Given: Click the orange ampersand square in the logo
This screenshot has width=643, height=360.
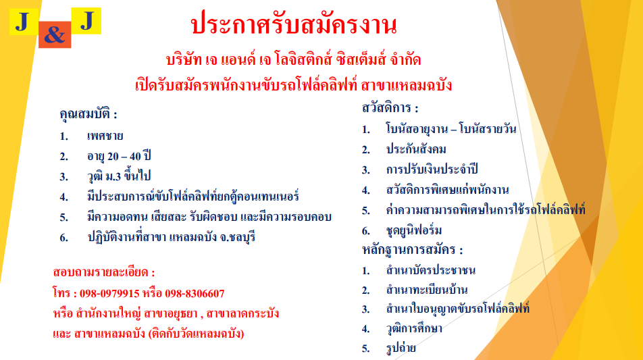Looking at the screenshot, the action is tap(55, 34).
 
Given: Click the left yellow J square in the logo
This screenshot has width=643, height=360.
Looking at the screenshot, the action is tap(24, 22).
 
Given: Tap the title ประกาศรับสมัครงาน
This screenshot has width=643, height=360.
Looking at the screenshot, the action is tap(294, 24).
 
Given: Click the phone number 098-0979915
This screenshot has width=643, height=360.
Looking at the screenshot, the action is tap(109, 294).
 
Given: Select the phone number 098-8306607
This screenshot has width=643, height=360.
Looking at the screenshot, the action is tap(195, 294).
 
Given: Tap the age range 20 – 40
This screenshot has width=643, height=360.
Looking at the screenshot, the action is tap(124, 156).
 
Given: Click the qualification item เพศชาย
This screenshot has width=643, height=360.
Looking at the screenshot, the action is tap(105, 136).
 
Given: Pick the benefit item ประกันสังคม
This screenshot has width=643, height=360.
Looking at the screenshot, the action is tap(416, 149).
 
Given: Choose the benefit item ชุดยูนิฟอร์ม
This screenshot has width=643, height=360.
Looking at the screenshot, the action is tap(414, 230).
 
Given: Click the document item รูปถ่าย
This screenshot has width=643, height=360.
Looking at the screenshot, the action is tap(401, 348).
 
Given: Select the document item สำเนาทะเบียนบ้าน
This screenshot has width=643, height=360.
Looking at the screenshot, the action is tap(427, 290).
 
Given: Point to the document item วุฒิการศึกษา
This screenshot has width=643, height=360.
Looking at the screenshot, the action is tap(414, 328).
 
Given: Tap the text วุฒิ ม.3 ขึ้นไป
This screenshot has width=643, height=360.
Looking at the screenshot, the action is tap(119, 176).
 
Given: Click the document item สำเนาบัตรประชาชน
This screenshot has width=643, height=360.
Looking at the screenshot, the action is tap(431, 270).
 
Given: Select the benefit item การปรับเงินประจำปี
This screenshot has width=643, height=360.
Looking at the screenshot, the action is tap(432, 170).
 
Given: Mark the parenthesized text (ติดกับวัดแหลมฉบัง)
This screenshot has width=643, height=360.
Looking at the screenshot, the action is tap(196, 334).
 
